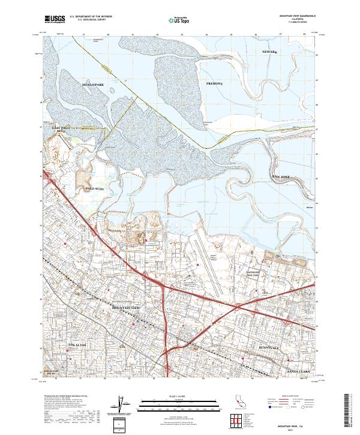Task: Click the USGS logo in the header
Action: [x=55, y=20]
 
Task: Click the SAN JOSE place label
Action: [x=281, y=177]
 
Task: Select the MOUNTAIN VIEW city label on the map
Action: [x=127, y=308]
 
